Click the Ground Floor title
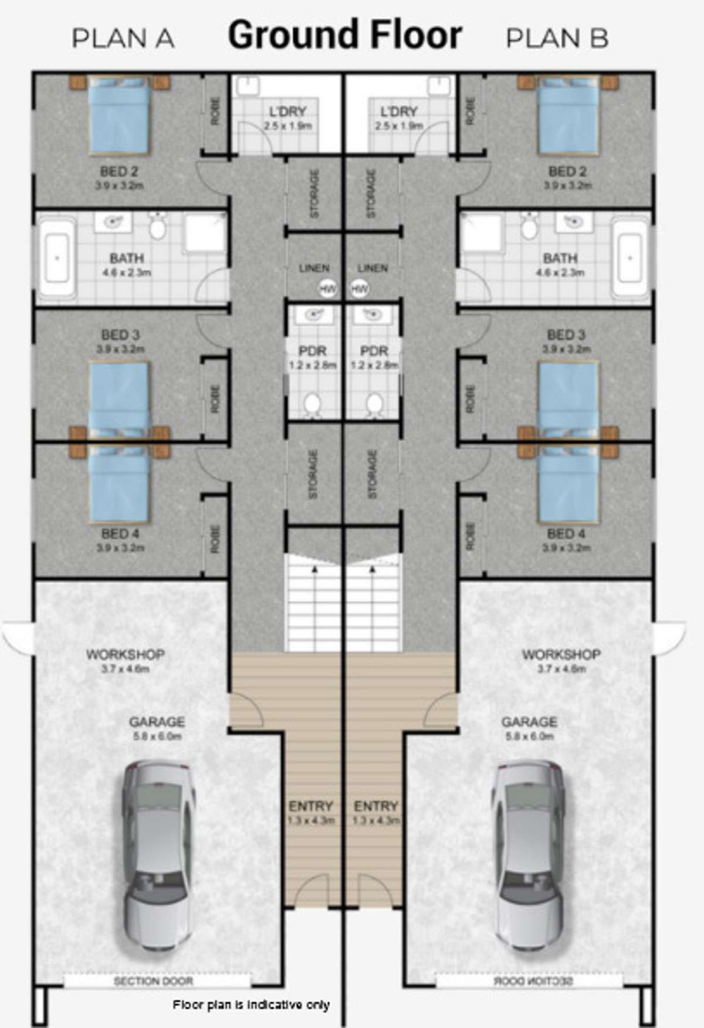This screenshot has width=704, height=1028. pyautogui.click(x=345, y=35)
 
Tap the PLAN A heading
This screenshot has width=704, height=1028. pyautogui.click(x=123, y=39)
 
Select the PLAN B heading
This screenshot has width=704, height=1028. pyautogui.click(x=557, y=39)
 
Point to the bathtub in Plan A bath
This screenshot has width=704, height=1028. pyautogui.click(x=57, y=258)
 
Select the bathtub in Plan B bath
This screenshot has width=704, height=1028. pyautogui.click(x=631, y=258)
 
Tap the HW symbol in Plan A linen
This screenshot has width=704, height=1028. pyautogui.click(x=327, y=289)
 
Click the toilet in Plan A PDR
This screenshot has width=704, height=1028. pyautogui.click(x=313, y=404)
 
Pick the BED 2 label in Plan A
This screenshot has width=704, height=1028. pyautogui.click(x=119, y=172)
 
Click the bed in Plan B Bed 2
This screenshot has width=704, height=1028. pyautogui.click(x=568, y=116)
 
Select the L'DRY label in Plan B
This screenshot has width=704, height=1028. pyautogui.click(x=399, y=111)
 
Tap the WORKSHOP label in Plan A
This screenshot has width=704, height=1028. pyautogui.click(x=126, y=654)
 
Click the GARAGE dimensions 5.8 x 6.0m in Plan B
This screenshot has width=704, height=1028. pyautogui.click(x=529, y=736)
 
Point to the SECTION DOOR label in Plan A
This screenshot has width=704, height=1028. pyautogui.click(x=153, y=981)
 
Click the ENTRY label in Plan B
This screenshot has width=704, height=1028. pyautogui.click(x=376, y=806)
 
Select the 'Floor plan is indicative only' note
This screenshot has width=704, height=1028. pyautogui.click(x=251, y=1005)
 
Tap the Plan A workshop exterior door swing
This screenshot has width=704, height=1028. pyautogui.click(x=18, y=637)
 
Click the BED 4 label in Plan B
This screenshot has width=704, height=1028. pyautogui.click(x=566, y=534)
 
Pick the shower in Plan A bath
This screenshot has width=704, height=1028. pyautogui.click(x=205, y=234)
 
